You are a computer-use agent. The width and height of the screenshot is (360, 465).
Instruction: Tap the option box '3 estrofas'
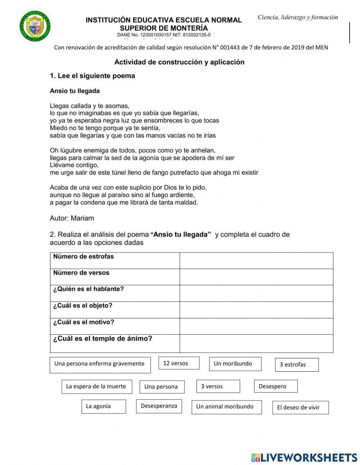pos(297,365)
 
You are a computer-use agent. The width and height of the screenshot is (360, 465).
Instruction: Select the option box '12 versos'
pos(179,363)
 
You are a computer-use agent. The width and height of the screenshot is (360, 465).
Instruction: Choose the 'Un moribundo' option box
pos(235,364)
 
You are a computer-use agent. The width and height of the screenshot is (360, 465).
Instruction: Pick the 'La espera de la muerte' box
pos(96,386)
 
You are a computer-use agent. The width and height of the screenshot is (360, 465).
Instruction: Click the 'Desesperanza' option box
pos(159,406)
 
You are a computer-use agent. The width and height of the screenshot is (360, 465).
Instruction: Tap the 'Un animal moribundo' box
pos(226,407)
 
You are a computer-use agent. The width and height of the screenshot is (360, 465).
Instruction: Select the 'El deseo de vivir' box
pos(300,407)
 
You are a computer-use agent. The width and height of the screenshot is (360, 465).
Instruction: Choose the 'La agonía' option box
pos(104,406)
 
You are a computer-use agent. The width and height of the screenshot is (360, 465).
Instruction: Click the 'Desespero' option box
pos(275,386)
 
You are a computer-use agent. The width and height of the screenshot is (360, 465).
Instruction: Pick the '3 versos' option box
pos(218,386)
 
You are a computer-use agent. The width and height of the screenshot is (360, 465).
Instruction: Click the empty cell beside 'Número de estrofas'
pos(256,260)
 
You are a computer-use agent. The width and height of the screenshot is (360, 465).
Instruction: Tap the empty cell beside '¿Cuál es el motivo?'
pos(256,326)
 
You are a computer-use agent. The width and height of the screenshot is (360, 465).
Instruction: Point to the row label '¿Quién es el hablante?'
pos(89,289)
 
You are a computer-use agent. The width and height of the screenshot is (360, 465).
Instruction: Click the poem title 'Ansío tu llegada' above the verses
pos(75,91)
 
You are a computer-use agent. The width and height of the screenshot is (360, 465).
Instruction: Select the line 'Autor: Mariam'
pos(72,218)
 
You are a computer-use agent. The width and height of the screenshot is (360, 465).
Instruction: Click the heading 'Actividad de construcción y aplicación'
pos(179,62)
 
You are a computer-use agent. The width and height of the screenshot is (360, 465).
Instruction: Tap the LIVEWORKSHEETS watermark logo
pos(304,457)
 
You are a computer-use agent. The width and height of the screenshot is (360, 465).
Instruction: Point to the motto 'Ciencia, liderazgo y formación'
pos(298,17)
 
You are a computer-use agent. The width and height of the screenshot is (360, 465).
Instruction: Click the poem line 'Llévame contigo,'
pos(74,165)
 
